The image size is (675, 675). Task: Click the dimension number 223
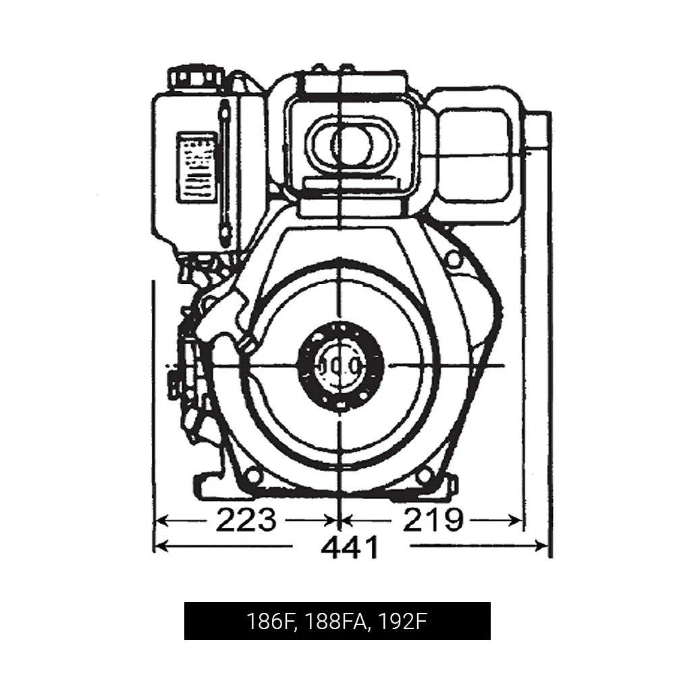(246, 520)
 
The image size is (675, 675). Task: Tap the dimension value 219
(433, 520)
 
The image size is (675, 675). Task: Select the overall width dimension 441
(350, 547)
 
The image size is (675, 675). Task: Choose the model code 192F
(403, 621)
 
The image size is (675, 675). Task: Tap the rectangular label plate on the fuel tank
(196, 167)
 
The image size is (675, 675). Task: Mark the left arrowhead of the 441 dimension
(160, 546)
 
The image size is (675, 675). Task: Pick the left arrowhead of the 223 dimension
(161, 520)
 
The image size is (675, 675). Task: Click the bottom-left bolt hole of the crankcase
(253, 476)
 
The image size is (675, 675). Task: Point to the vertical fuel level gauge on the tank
(225, 172)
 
